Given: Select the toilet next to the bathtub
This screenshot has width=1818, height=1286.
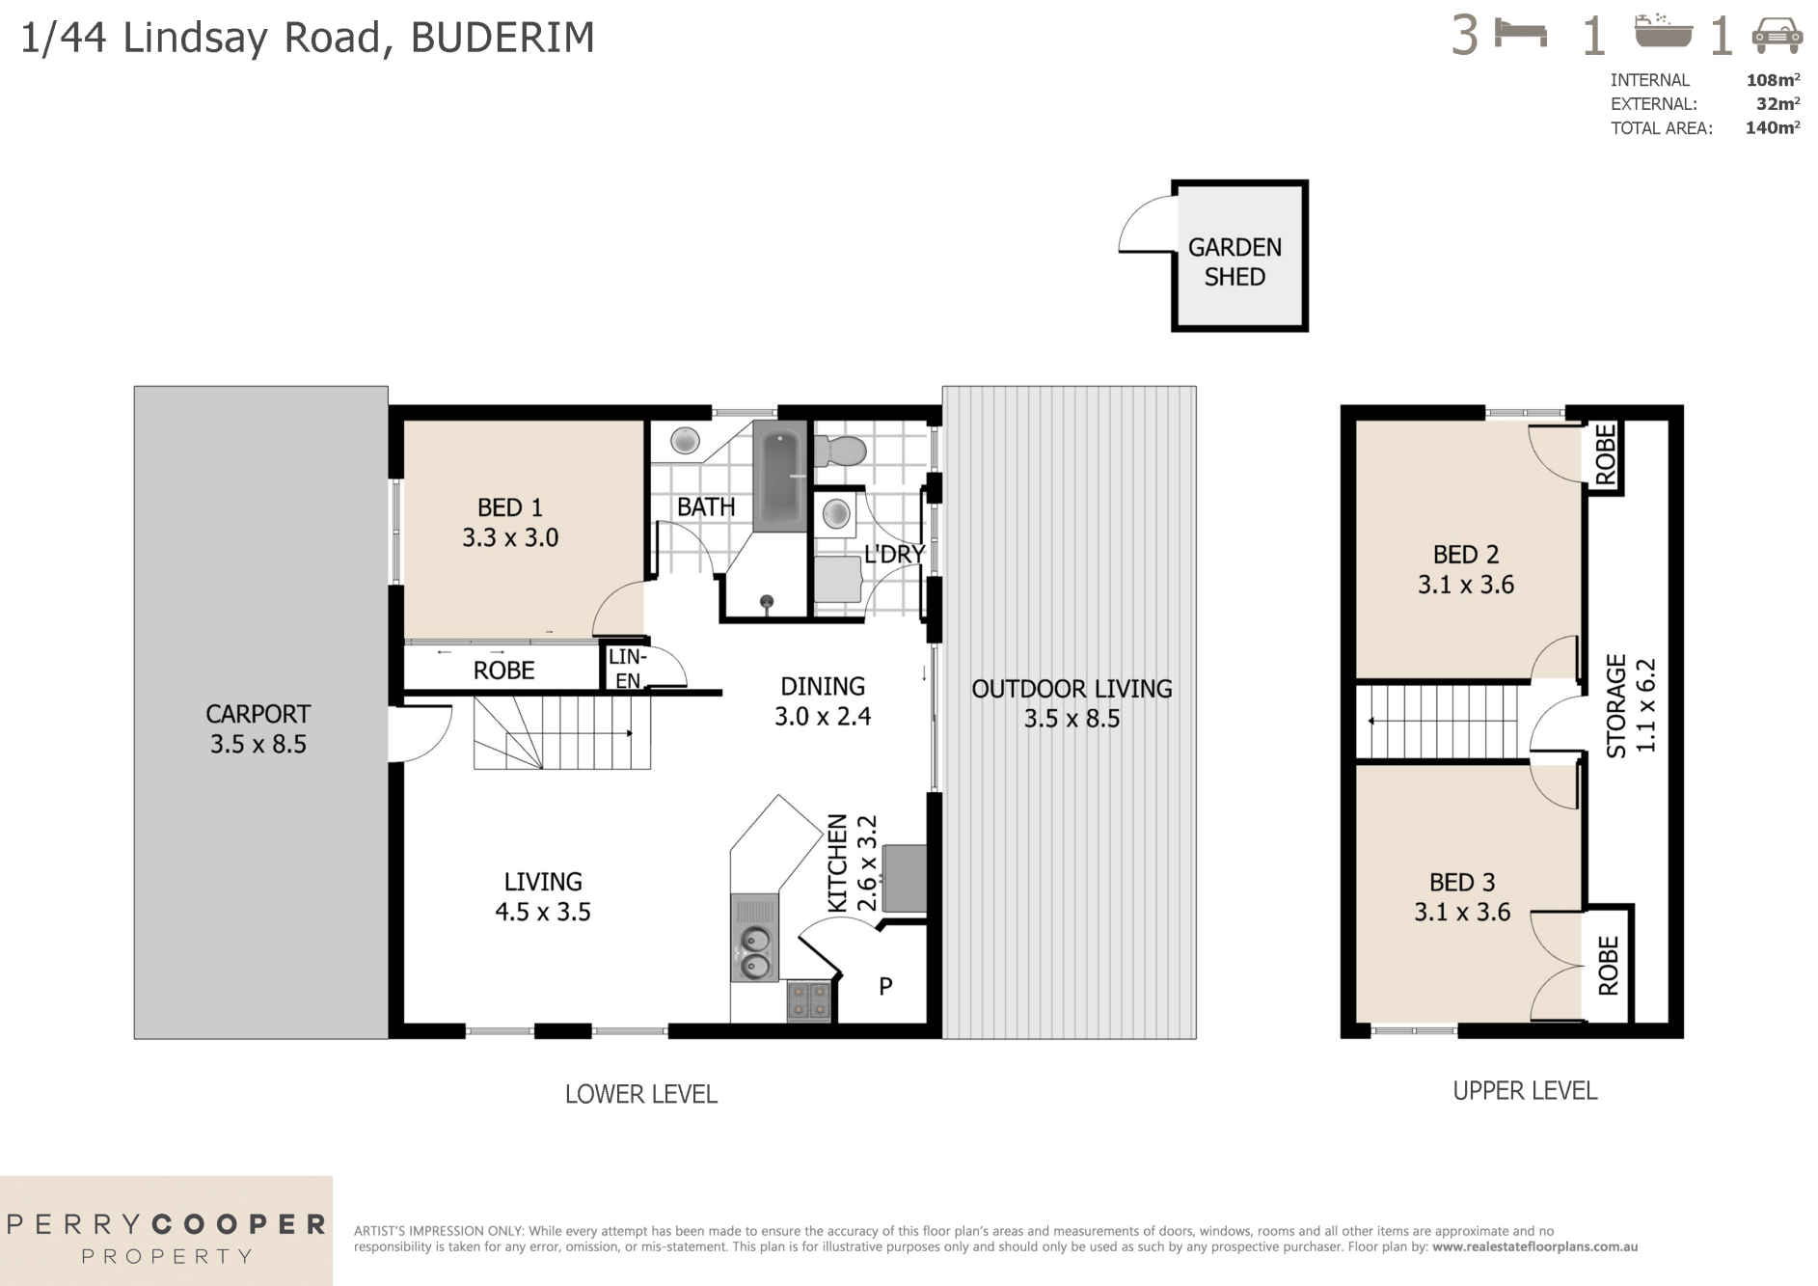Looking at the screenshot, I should coord(841,451).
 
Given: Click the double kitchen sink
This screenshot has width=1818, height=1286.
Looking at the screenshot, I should coord(754,950).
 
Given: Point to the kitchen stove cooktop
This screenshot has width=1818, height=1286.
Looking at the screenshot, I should coord(808,1000).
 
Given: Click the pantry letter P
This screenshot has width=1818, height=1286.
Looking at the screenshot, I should coord(885,986).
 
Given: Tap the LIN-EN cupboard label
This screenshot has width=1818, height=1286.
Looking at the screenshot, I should coord(627,669).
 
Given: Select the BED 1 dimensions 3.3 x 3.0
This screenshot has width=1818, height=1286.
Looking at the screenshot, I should coord(510,538).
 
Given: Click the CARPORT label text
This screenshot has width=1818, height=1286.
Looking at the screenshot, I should coord(258,714).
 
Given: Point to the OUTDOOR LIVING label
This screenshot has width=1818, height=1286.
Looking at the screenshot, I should coord(1072,689).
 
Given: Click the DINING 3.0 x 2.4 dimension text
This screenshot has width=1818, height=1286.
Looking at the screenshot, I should coord(823,717).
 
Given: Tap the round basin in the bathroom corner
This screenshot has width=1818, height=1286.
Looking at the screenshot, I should coord(685,441).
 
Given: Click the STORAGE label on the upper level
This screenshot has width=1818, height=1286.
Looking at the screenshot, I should coord(1616,705).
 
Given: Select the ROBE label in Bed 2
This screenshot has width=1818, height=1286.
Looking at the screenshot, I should coord(1605,455).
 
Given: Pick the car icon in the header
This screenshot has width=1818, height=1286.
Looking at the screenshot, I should coord(1777,36).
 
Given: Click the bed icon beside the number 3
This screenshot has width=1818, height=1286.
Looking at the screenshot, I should coord(1520,35).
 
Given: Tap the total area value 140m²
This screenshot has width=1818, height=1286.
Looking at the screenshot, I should coord(1772,127).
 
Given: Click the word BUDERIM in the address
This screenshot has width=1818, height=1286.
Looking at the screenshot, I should coord(502,38).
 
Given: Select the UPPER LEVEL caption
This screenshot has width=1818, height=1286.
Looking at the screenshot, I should coord(1525,1090).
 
